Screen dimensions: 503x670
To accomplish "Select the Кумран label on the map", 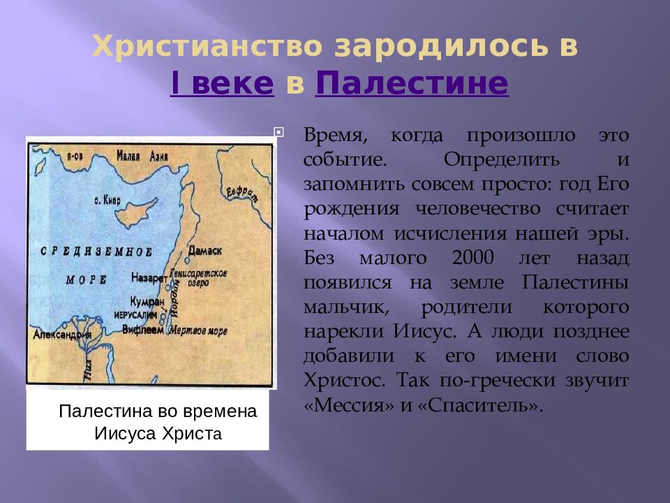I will (146, 302).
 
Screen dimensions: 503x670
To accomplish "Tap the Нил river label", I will (87, 367).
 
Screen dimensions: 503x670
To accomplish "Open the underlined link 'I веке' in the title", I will (222, 83).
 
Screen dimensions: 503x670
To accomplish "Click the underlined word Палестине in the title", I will (412, 83).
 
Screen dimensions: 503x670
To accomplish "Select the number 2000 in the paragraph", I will (472, 257).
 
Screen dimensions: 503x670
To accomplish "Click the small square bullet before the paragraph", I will (278, 131).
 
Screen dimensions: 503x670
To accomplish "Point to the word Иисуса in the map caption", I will (125, 433).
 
